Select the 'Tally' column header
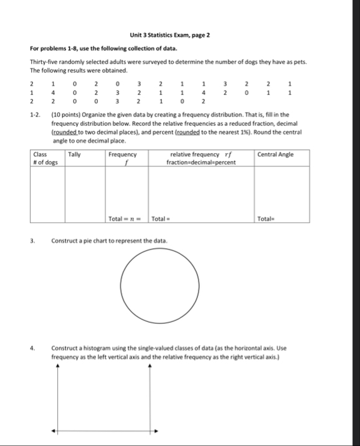74,154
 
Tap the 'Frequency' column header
122,154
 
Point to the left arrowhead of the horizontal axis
53,430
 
